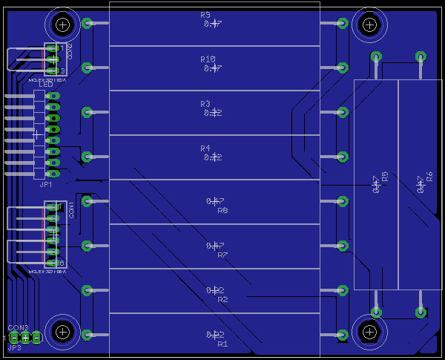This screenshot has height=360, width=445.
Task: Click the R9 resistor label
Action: tap(205, 15)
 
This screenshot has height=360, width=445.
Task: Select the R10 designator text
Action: tap(208, 59)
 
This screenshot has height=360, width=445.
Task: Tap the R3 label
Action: tap(205, 104)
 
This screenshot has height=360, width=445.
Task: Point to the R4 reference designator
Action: tap(205, 148)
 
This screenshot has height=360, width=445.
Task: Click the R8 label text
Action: tap(222, 211)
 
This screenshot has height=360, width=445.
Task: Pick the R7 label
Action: tap(222, 255)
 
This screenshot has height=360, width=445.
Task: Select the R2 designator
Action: tap(222, 300)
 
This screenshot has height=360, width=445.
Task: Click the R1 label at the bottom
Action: tap(222, 344)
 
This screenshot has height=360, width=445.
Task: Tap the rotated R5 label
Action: tap(385, 177)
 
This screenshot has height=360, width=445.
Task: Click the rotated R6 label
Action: tap(429, 177)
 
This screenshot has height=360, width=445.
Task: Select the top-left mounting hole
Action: tap(63, 25)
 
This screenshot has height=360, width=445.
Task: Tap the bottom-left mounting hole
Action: tap(63, 331)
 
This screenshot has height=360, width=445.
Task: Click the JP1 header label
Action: tap(45, 184)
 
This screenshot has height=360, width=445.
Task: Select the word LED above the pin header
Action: tap(46, 85)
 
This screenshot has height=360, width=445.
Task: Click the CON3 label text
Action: tap(18, 327)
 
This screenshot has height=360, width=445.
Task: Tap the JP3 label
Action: tap(14, 347)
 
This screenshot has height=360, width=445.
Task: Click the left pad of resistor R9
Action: tap(87, 23)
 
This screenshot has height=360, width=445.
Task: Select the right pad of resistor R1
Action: tap(343, 335)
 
